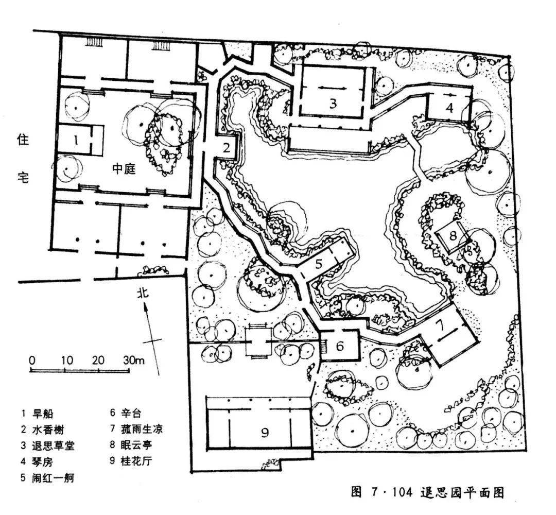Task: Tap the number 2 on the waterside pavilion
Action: (x=227, y=148)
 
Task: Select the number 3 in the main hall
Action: (x=333, y=104)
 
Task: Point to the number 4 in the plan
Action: (x=449, y=108)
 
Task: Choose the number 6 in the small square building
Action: (x=340, y=346)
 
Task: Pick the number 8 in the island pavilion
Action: (x=453, y=236)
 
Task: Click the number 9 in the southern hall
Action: (x=265, y=432)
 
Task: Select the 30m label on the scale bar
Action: (x=134, y=360)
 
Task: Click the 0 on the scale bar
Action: (x=32, y=360)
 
